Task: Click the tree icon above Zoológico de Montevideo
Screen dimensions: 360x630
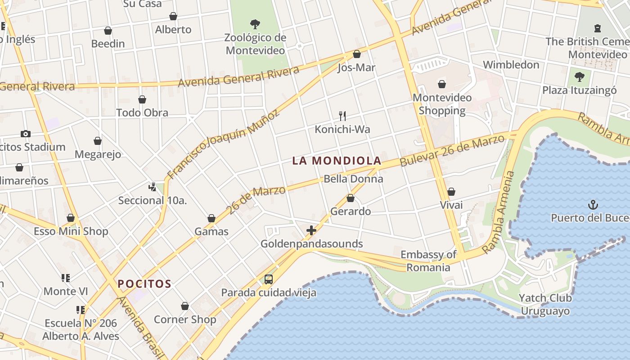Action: point(255,24)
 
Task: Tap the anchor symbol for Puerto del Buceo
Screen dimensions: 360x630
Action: point(593,205)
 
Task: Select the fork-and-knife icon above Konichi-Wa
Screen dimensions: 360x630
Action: point(342,116)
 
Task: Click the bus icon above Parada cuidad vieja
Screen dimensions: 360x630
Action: point(269,279)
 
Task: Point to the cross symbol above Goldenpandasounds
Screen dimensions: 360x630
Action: point(311,231)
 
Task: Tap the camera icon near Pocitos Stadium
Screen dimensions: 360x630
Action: point(26,134)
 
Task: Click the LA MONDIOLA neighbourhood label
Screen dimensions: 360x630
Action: point(337,161)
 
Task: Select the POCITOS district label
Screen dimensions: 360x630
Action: point(144,284)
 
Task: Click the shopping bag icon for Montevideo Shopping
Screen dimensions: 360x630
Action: point(442,84)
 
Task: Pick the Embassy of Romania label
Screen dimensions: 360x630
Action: point(428,261)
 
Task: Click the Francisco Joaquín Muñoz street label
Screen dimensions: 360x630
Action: point(223,145)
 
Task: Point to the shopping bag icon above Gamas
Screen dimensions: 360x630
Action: point(211,219)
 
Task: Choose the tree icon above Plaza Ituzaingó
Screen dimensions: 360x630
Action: point(580,77)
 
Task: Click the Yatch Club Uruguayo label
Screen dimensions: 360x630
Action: point(545,304)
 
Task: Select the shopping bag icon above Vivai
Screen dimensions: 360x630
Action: point(451,192)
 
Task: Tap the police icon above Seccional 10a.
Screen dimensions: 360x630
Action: point(152,187)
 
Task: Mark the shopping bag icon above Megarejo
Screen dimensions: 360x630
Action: point(98,141)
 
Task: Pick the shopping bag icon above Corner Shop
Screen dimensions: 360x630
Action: point(185,306)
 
